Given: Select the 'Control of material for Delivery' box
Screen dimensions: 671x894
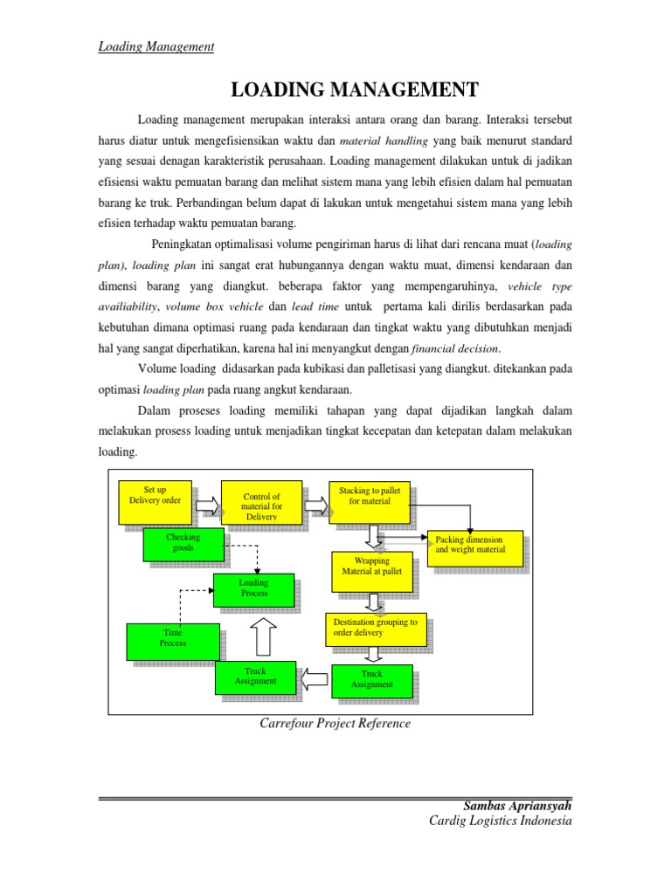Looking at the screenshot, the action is (x=261, y=504).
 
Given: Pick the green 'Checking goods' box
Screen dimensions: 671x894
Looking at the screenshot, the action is (x=183, y=545).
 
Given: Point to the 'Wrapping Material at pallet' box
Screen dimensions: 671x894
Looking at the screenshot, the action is (x=371, y=569).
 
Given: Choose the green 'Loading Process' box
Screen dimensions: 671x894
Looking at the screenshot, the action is (x=253, y=589).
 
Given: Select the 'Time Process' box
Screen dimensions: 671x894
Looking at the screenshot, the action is (x=172, y=641).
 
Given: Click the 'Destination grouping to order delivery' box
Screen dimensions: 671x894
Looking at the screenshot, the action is (x=375, y=629).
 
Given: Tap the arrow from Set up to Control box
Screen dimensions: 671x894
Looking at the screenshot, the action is (x=207, y=505).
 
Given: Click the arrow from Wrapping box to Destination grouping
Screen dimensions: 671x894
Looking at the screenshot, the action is (x=373, y=602).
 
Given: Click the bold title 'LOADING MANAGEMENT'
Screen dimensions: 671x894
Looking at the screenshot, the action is (x=354, y=89).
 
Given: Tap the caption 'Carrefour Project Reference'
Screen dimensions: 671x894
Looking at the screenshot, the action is (x=335, y=724).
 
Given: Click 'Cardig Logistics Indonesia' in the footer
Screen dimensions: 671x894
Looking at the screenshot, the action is (x=500, y=822).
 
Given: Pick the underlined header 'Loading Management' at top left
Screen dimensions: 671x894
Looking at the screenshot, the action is (x=156, y=46).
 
